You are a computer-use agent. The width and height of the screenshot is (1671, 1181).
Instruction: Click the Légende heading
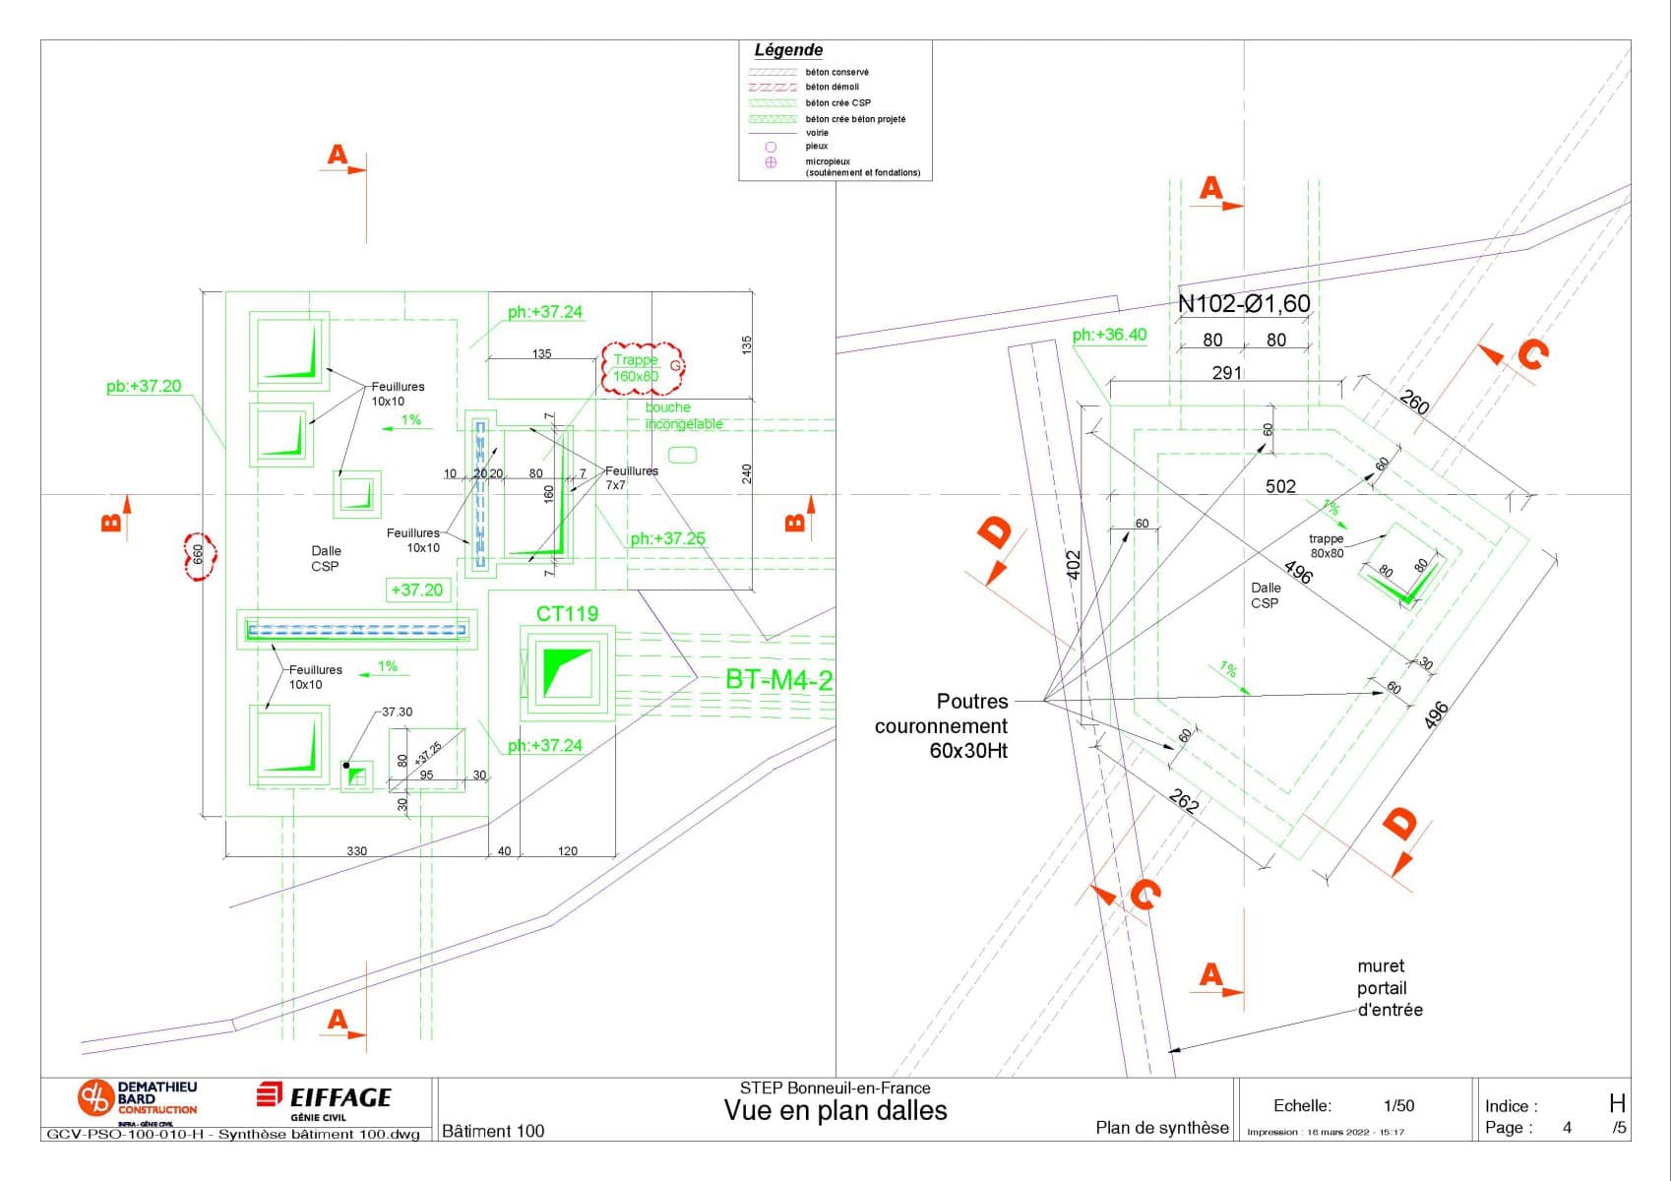point(788,50)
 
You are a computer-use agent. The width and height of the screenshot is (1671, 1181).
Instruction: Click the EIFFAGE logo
point(325,1098)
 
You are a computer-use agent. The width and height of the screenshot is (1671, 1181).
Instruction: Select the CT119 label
point(567,614)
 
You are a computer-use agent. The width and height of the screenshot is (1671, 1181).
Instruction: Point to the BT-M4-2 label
point(778,679)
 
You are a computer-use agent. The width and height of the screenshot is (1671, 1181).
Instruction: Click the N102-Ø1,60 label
point(1244,304)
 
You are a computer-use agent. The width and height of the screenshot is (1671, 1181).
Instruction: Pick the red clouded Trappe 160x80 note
point(641,368)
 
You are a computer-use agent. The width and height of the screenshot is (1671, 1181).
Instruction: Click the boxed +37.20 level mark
point(417,590)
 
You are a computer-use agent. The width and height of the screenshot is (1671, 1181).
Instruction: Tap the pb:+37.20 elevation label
point(144,387)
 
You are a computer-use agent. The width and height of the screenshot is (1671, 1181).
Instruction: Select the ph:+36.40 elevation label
point(1109,335)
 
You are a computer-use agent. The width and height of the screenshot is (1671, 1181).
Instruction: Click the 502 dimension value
point(1280,486)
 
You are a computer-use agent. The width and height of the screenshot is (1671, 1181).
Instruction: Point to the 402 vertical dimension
point(1074,565)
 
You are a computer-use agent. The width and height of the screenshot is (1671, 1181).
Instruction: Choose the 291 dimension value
point(1227,373)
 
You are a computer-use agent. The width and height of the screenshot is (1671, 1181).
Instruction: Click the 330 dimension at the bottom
point(356,851)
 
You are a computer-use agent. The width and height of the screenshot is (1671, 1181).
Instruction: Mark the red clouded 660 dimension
point(198,555)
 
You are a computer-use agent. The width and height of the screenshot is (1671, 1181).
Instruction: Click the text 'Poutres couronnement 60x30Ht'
point(942,726)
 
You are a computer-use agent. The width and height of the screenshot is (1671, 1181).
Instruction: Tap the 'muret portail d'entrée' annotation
point(1390,988)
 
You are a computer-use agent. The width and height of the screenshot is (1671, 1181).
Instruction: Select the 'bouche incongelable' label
point(684,415)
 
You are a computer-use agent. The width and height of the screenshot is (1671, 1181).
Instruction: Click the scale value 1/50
point(1398,1106)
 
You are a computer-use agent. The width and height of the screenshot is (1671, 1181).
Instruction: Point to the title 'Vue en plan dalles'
point(835,1111)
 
